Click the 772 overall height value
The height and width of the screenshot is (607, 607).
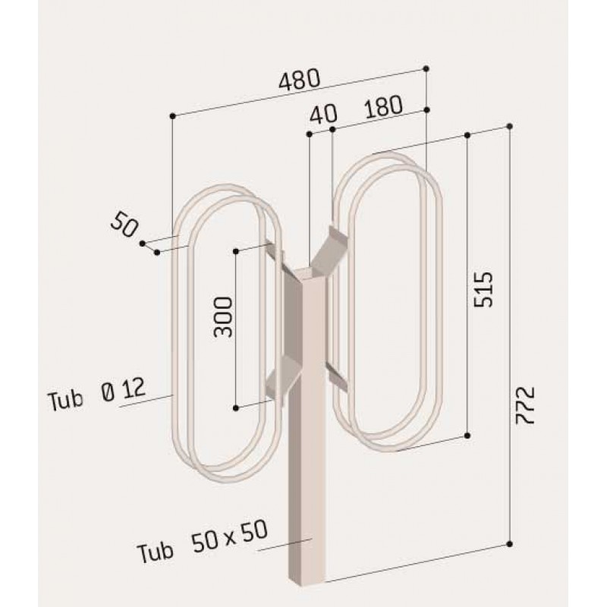pos(527,404)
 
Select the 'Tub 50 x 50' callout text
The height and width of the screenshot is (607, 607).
pos(203,540)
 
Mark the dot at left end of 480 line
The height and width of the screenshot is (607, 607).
pos(173,115)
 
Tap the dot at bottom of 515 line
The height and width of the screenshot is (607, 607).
pos(467,436)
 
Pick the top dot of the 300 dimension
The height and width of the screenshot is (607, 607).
pos(237,250)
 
